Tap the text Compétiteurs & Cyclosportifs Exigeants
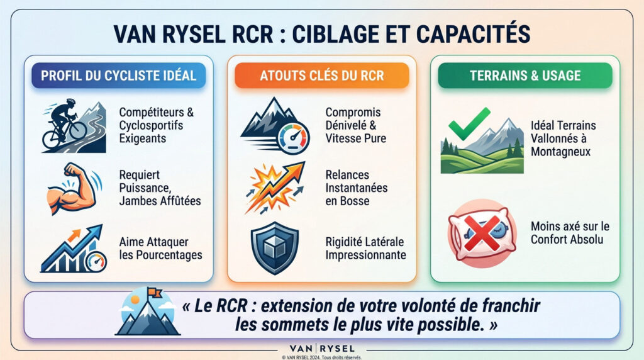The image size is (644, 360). (157, 124)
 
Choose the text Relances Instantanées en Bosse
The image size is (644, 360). (357, 188)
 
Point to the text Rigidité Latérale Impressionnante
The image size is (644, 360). (365, 249)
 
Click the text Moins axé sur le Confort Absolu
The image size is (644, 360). (570, 233)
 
